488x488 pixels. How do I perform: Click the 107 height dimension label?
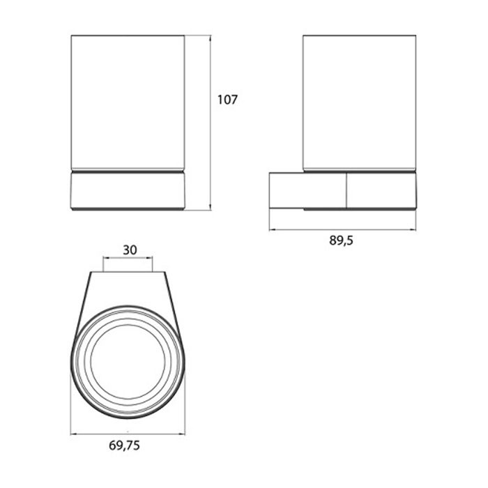(x=227, y=100)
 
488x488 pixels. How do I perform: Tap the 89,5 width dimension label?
(x=341, y=241)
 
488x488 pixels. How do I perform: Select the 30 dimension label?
(x=130, y=250)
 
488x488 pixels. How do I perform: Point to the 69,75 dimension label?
(x=124, y=445)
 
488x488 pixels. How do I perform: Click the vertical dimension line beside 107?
(x=211, y=123)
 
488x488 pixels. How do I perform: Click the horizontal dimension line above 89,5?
(x=343, y=229)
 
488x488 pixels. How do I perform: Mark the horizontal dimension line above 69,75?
(x=128, y=434)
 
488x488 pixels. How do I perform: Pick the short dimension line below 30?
(x=128, y=257)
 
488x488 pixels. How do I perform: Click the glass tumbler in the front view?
(x=128, y=103)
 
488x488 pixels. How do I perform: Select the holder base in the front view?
(x=128, y=191)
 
